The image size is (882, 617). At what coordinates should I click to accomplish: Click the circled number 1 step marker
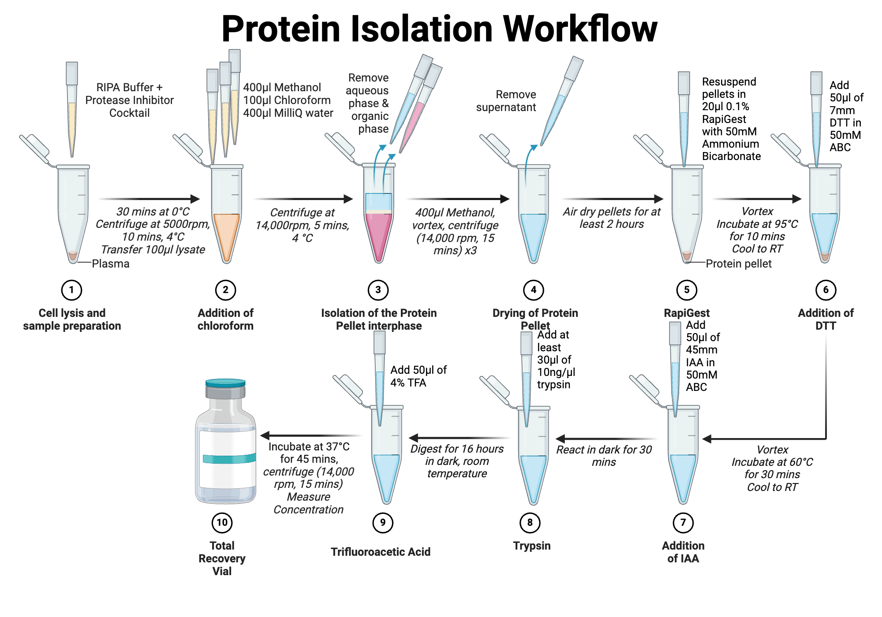[71, 290]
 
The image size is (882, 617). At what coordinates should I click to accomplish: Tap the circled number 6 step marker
[826, 290]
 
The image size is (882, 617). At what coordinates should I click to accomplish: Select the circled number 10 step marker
[222, 523]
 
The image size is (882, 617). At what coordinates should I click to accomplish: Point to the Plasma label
[110, 264]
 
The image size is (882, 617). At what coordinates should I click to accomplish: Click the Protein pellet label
[739, 264]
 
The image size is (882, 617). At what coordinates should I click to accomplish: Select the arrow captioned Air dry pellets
[613, 199]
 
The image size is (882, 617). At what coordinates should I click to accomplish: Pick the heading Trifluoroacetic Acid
[380, 552]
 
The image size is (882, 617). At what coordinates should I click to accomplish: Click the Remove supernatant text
[506, 101]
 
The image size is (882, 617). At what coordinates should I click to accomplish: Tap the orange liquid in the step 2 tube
[226, 234]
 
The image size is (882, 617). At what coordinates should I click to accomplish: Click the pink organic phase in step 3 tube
[378, 234]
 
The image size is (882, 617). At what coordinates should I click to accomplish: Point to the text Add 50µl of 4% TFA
[418, 376]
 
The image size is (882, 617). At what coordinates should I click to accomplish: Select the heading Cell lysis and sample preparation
[72, 320]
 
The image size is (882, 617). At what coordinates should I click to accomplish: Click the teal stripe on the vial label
[228, 459]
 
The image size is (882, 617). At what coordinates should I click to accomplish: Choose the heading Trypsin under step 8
[531, 546]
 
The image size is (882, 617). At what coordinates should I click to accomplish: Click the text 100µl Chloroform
[287, 100]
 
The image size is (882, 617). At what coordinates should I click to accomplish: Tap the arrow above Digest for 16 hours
[459, 438]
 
